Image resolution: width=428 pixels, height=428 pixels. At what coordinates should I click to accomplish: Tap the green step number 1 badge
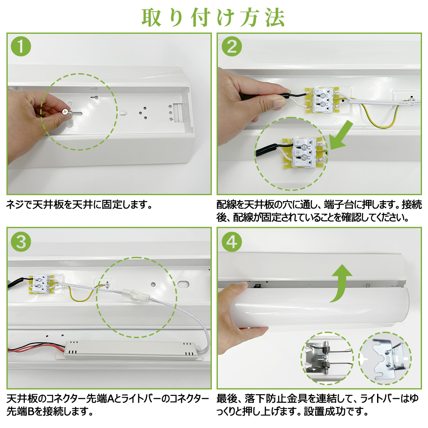21,46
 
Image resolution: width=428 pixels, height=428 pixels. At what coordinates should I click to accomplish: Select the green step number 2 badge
232,46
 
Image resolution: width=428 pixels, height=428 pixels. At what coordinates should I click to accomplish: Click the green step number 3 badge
21,242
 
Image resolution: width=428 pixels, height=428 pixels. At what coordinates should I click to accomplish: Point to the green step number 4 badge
232,242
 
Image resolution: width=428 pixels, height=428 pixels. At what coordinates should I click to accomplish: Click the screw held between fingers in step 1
65,112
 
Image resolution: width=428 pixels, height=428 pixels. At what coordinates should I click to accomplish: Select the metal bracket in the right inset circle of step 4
389,358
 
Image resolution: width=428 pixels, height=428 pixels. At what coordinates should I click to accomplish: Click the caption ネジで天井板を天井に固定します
79,205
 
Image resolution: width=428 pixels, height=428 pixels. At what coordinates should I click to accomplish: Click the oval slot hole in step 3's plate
183,285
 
